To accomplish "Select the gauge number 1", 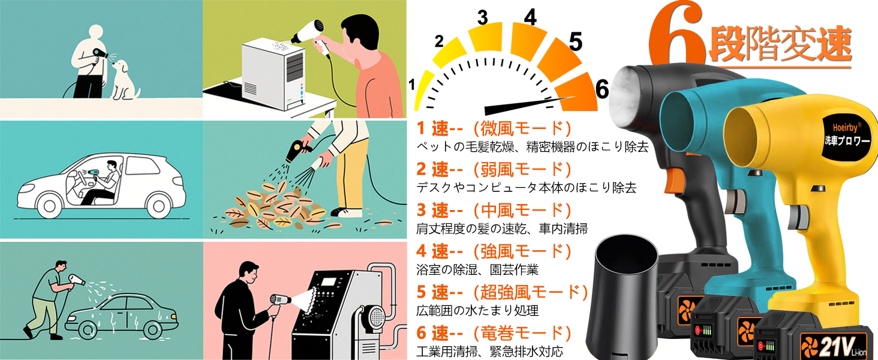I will (411, 85).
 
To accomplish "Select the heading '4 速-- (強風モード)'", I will (493, 251).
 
